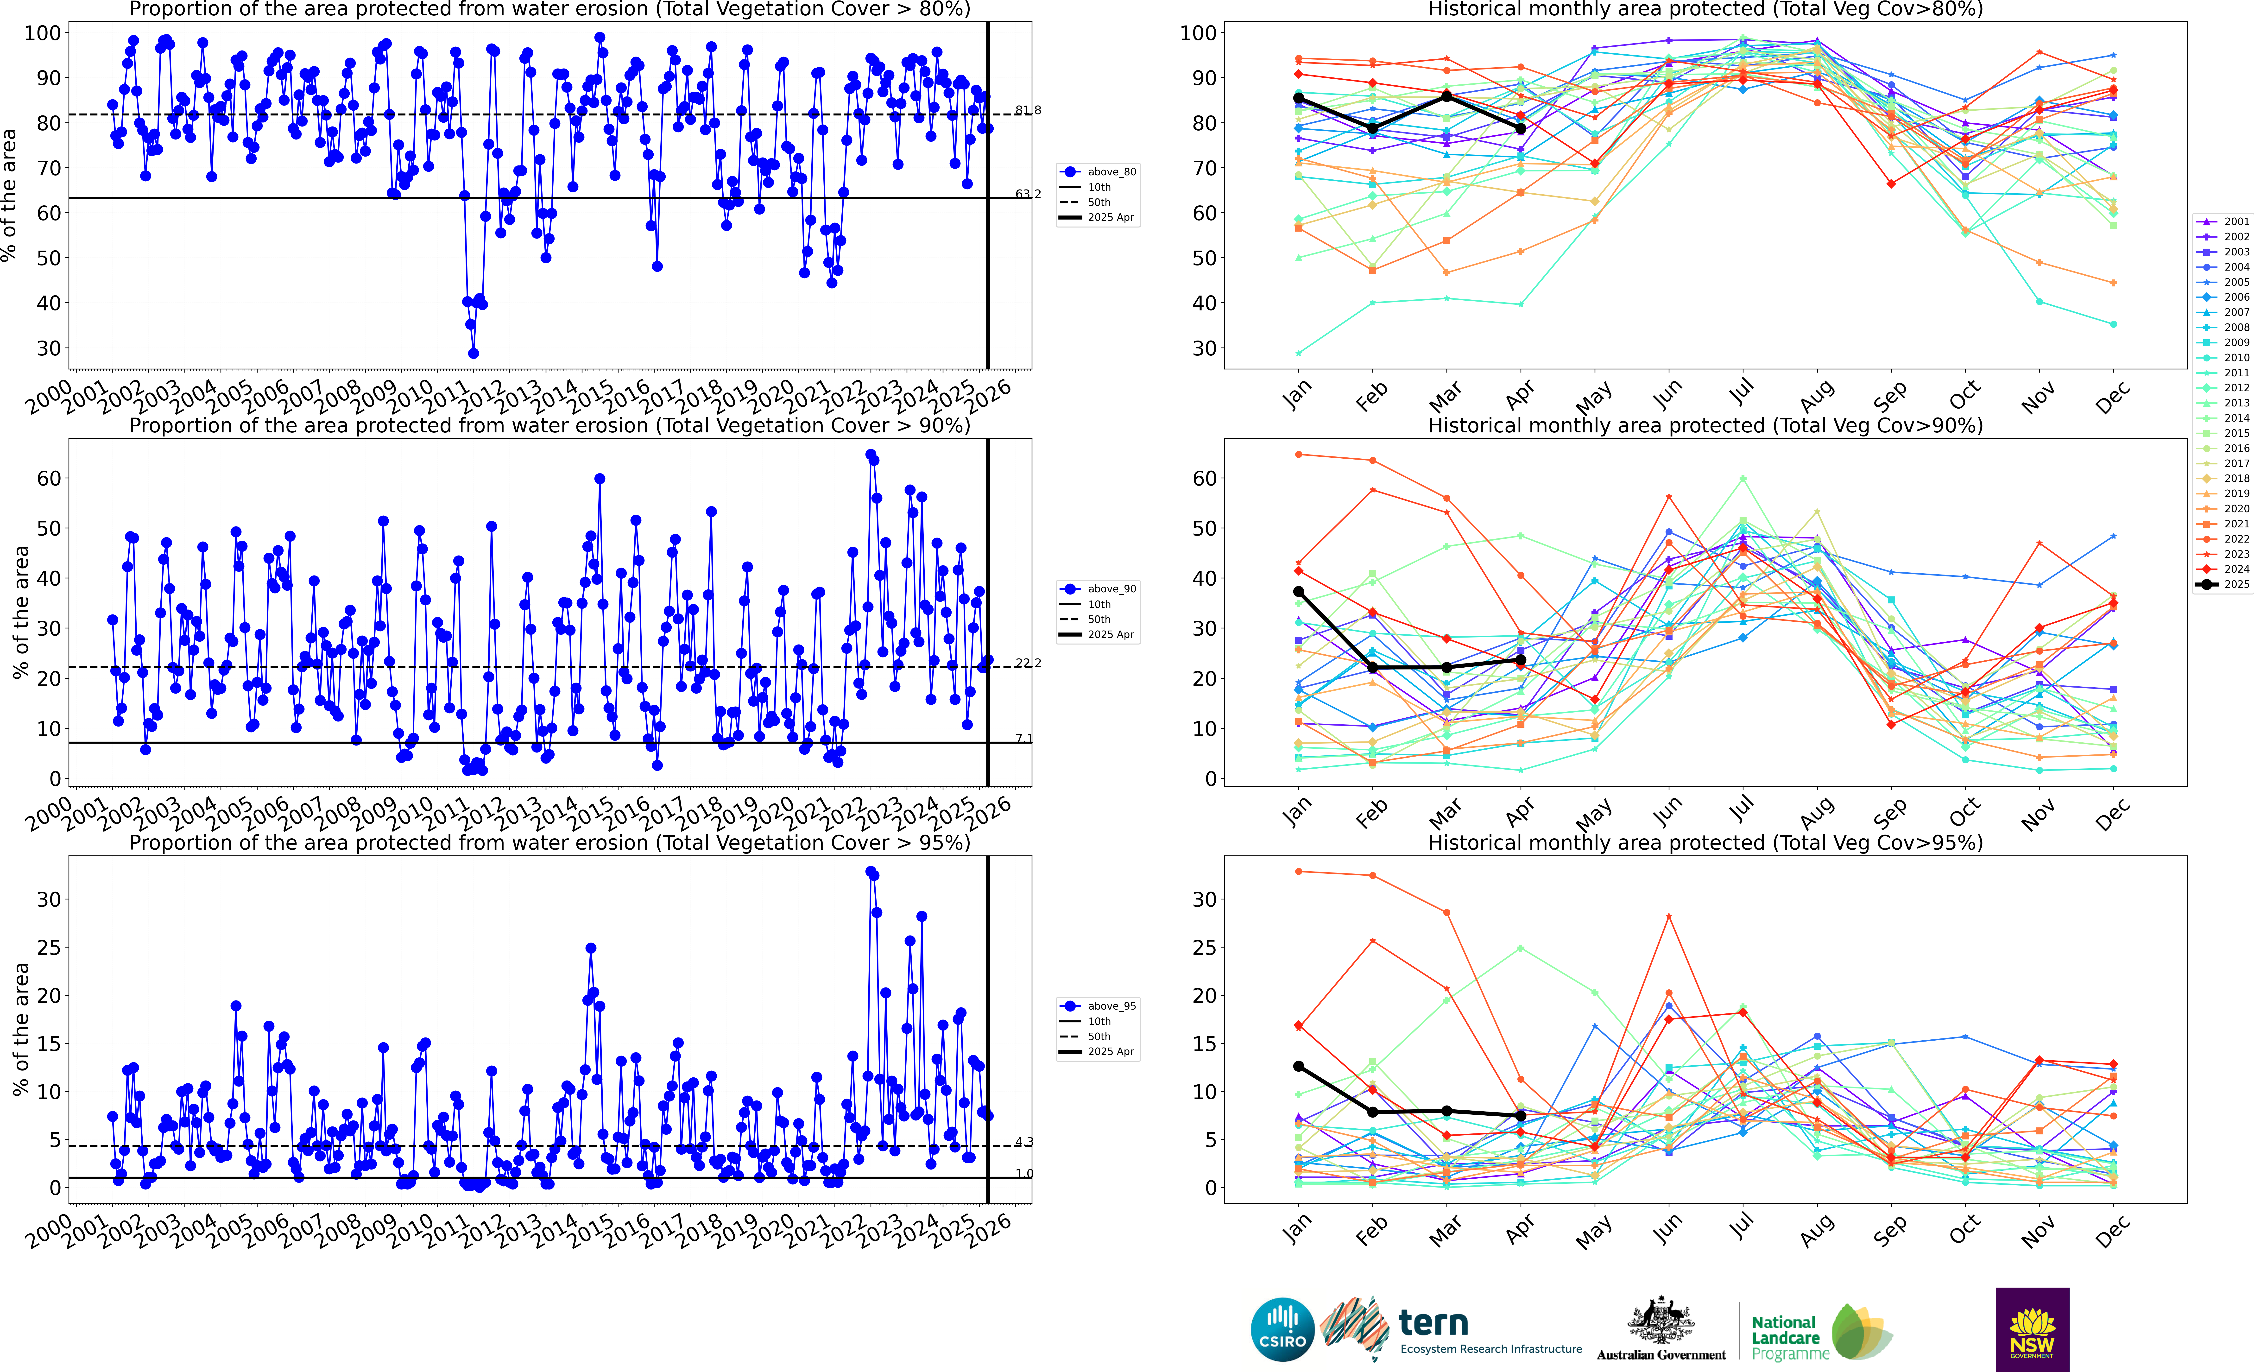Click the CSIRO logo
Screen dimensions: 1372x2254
coord(1282,1329)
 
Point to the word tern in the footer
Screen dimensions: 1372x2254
coord(1433,1323)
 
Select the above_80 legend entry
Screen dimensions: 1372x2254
coord(1100,172)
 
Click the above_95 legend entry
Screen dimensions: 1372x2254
coord(1100,1006)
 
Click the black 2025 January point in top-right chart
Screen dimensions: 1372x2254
coord(1298,98)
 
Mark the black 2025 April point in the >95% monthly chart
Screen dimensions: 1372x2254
coord(1520,1116)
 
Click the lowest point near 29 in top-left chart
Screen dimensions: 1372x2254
coord(473,353)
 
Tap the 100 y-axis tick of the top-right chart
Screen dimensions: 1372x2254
coord(1197,33)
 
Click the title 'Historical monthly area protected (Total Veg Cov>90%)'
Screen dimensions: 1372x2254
coord(1705,425)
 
